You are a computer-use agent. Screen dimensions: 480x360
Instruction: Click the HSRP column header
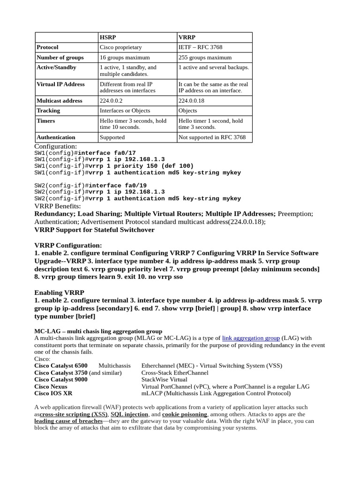pos(107,37)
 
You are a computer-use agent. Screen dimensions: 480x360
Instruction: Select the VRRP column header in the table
pos(187,37)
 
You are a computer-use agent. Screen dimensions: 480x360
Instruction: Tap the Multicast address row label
pos(60,101)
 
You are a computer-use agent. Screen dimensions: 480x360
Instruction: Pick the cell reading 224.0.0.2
pos(111,101)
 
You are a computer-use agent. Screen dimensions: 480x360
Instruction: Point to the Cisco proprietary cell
pos(120,47)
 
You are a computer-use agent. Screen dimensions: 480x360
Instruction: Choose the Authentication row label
pos(56,137)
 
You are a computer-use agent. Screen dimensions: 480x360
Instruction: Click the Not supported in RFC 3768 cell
pos(212,137)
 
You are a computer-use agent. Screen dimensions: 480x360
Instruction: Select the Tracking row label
pos(48,111)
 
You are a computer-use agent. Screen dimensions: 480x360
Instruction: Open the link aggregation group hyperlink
pos(251,337)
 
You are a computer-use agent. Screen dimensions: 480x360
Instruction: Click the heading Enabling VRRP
pos(60,292)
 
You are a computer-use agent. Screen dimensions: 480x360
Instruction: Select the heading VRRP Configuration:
pos(68,245)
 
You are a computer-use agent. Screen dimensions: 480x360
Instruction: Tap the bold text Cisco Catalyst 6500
pos(61,366)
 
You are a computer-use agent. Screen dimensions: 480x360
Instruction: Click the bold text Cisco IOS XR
pos(53,394)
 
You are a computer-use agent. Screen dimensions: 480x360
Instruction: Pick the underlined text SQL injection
pos(129,414)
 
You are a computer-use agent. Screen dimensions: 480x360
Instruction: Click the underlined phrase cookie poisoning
pos(185,414)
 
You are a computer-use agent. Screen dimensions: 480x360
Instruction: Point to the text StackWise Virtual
pos(164,380)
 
